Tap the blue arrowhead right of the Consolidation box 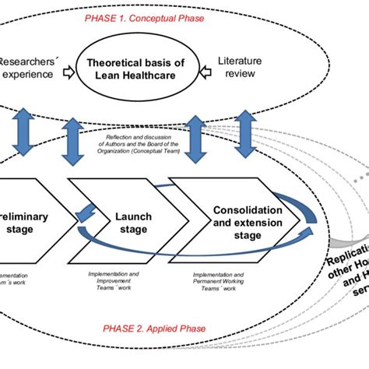click(311, 228)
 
